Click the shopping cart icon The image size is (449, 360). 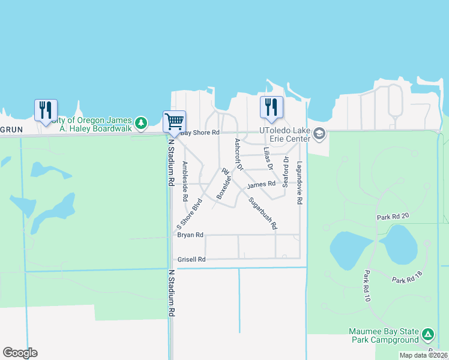tap(174, 121)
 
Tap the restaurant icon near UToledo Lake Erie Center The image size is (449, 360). tap(271, 107)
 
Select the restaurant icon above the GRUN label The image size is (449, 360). tap(46, 110)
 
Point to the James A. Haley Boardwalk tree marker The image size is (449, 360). tap(141, 123)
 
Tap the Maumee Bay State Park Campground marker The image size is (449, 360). tap(427, 334)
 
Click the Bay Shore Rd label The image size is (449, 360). tap(200, 133)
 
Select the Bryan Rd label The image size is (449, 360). tap(190, 235)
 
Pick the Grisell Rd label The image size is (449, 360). tap(191, 260)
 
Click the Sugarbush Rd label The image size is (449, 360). tap(263, 214)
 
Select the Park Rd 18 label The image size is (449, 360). tap(408, 280)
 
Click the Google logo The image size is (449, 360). tap(20, 353)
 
